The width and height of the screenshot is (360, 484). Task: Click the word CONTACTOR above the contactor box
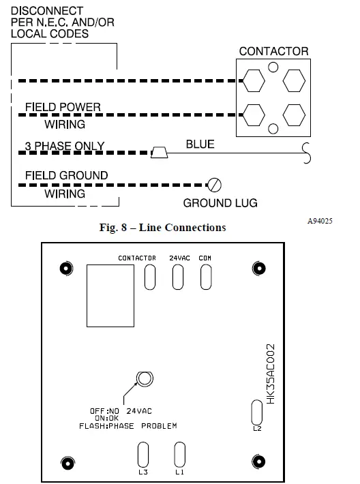[273, 51]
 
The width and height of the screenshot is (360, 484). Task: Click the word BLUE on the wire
[200, 144]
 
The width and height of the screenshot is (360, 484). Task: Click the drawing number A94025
[319, 222]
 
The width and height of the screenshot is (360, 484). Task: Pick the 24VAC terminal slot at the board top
[178, 277]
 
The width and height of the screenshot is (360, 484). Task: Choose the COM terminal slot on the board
[205, 277]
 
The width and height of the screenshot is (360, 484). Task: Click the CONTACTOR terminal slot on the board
[151, 277]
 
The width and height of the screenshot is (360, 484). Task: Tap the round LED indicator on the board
[143, 379]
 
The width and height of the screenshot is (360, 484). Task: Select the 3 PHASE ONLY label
[64, 146]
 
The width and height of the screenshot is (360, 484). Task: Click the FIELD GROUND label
[66, 175]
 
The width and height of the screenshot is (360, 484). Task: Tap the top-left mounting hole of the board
[65, 268]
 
